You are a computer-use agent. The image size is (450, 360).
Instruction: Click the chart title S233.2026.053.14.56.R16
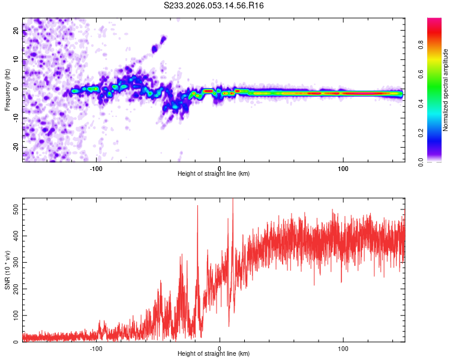point(214,5)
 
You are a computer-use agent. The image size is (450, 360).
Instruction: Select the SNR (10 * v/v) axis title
point(7,269)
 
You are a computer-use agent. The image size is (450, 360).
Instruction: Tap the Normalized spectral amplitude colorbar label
point(446,90)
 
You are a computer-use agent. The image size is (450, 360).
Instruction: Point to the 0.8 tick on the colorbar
point(421,44)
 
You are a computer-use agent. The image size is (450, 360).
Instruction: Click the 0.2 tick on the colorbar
point(421,133)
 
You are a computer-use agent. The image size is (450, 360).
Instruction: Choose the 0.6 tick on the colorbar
point(421,73)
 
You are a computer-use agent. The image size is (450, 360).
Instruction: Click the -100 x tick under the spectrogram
point(97,168)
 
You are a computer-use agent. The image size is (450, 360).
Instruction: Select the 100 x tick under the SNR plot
point(343,348)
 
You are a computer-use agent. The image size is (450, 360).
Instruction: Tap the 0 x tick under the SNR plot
point(220,348)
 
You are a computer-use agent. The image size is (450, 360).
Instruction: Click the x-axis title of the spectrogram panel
point(214,174)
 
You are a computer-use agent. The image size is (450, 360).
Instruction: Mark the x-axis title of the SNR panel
point(214,354)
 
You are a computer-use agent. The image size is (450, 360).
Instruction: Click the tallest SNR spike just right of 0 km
point(233,201)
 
